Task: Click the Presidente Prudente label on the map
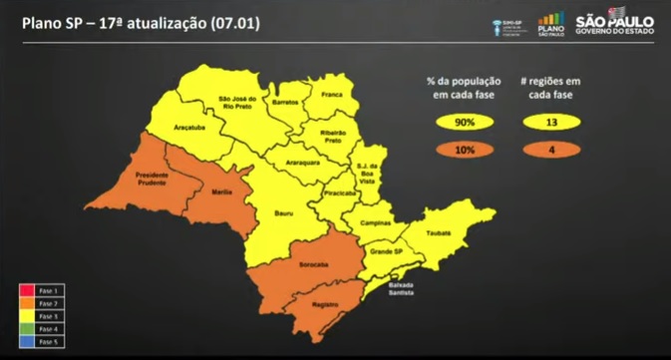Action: point(145,178)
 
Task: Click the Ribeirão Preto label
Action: point(332,136)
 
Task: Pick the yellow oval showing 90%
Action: point(466,123)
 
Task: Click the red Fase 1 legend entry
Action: point(40,289)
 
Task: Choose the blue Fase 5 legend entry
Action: point(40,341)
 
